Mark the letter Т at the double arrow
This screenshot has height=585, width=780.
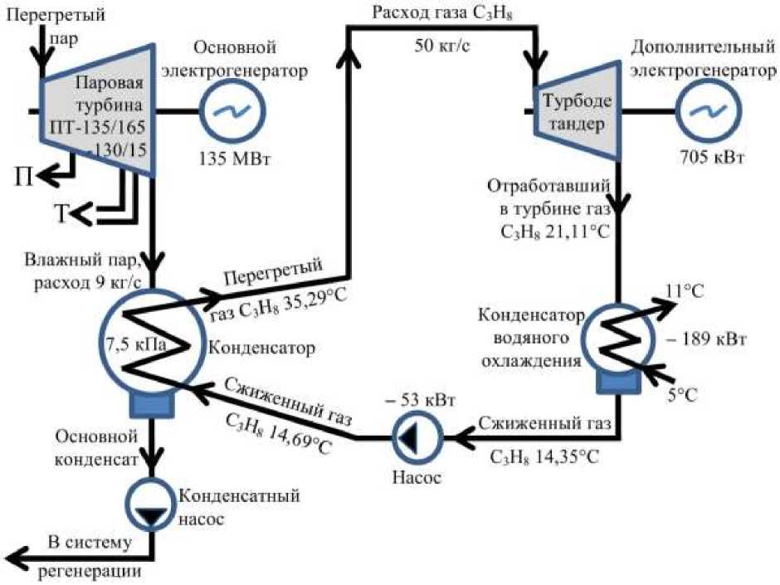click(x=61, y=215)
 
